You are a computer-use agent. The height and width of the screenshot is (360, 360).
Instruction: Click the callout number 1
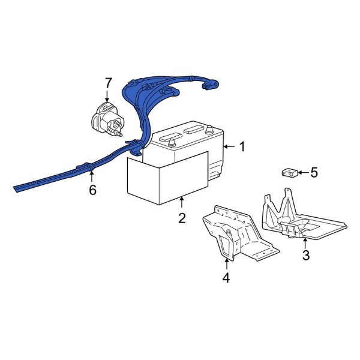click(242, 146)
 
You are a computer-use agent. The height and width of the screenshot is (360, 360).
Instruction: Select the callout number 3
click(305, 256)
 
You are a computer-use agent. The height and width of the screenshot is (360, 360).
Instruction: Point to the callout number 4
click(226, 278)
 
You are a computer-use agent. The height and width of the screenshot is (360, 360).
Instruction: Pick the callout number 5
click(314, 173)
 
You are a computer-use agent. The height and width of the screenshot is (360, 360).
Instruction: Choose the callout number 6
click(92, 191)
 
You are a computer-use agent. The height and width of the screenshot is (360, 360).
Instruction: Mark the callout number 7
click(109, 82)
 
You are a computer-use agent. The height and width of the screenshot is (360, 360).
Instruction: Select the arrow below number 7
click(109, 96)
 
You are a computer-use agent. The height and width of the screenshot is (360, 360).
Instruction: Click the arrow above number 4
click(226, 263)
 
